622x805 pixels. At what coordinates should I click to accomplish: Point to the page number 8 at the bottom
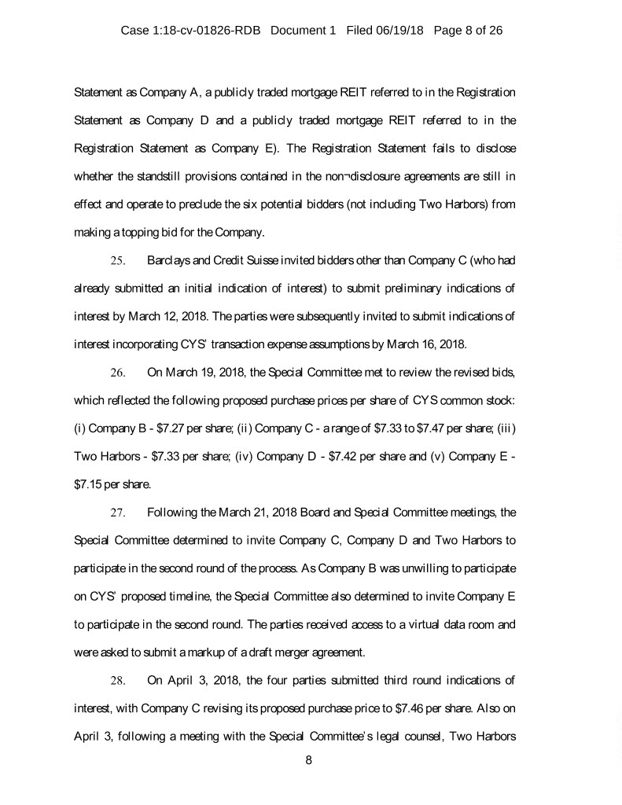310,761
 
